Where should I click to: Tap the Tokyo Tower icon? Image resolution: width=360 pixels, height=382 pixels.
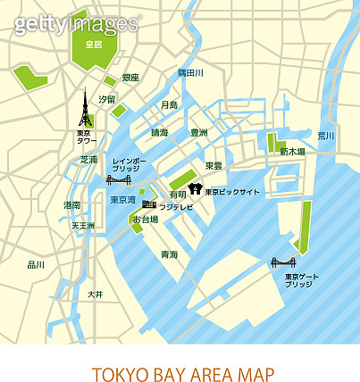pyautogui.click(x=87, y=112)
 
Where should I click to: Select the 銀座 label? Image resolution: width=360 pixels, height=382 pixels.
pyautogui.click(x=130, y=79)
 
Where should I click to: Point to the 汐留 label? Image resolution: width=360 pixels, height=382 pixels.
pyautogui.click(x=107, y=99)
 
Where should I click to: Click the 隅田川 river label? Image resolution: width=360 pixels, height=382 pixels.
pyautogui.click(x=190, y=72)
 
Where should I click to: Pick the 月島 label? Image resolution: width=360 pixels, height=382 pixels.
pyautogui.click(x=169, y=105)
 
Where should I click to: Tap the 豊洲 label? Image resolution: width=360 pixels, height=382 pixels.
pyautogui.click(x=198, y=132)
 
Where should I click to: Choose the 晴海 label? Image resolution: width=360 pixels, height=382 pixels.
pyautogui.click(x=159, y=132)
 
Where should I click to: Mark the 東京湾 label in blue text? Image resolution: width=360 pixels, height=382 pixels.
pyautogui.click(x=122, y=200)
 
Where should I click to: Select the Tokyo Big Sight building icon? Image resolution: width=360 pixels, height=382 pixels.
pyautogui.click(x=196, y=189)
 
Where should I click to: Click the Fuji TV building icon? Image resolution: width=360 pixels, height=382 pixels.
pyautogui.click(x=148, y=206)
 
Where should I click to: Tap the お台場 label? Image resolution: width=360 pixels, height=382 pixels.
pyautogui.click(x=145, y=220)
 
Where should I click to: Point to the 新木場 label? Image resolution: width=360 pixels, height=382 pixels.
pyautogui.click(x=292, y=153)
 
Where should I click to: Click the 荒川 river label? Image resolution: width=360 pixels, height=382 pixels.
pyautogui.click(x=325, y=136)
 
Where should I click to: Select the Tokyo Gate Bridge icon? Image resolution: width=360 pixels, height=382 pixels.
pyautogui.click(x=284, y=262)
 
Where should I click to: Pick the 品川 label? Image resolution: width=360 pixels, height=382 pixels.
pyautogui.click(x=36, y=265)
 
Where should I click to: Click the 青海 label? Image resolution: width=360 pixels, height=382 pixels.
pyautogui.click(x=168, y=255)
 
